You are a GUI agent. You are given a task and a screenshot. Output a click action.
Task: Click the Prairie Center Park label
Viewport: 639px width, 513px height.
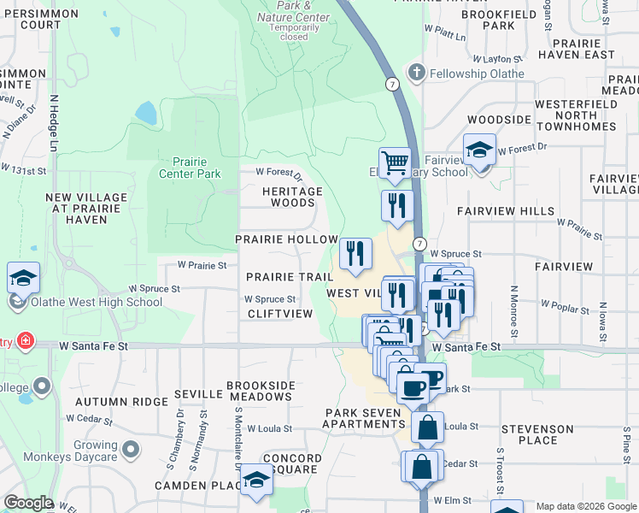pos(190,168)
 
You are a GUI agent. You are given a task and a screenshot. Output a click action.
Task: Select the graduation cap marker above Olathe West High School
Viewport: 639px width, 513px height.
pos(23,278)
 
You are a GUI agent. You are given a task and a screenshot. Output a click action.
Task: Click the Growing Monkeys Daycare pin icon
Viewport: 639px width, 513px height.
pos(131,449)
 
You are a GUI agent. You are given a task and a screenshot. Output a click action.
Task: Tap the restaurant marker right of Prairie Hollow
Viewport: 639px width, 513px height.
pos(355,253)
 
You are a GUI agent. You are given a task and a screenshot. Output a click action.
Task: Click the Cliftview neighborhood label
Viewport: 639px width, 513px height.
pos(280,314)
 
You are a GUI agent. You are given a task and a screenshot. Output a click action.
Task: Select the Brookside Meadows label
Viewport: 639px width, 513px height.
pos(260,391)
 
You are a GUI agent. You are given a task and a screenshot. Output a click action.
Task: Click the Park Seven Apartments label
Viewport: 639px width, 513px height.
pos(364,418)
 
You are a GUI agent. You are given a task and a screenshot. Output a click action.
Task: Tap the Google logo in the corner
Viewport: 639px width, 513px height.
pos(28,503)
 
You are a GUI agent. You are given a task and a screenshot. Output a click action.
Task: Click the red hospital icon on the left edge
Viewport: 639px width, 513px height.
pos(26,342)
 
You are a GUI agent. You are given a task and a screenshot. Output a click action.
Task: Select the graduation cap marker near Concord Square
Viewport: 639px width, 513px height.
pos(255,480)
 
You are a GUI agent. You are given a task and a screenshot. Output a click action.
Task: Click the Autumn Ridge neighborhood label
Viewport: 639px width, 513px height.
pos(133,401)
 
